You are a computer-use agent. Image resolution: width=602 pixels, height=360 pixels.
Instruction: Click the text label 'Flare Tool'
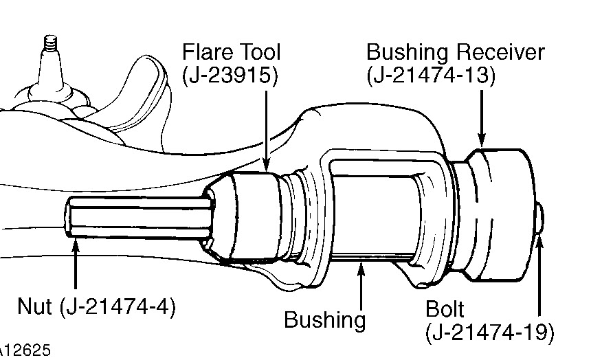pyautogui.click(x=231, y=52)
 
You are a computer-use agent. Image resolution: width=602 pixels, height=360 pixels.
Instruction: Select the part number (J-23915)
pyautogui.click(x=231, y=76)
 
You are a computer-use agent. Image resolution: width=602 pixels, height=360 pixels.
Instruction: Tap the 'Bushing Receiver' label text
pyautogui.click(x=455, y=52)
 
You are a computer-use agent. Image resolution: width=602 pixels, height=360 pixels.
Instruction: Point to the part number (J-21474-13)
pyautogui.click(x=431, y=76)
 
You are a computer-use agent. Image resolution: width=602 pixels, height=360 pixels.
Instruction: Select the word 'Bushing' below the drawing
pyautogui.click(x=325, y=319)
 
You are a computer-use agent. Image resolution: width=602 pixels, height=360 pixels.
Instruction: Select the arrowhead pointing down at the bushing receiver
pyautogui.click(x=482, y=142)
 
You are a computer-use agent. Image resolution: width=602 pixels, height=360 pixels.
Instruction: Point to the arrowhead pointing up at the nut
pyautogui.click(x=75, y=238)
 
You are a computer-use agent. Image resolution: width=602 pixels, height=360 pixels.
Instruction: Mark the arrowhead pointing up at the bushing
pyautogui.click(x=360, y=264)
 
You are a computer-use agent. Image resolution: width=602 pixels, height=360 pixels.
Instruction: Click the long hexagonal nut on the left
pyautogui.click(x=137, y=217)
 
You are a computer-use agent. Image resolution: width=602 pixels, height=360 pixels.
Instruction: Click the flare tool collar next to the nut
pyautogui.click(x=251, y=216)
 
